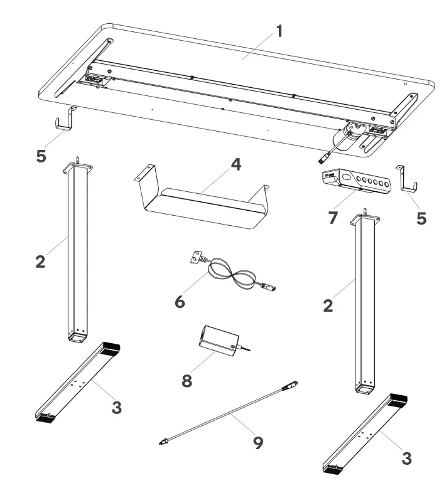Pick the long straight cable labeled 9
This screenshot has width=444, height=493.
tap(226, 415)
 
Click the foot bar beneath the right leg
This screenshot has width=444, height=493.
tap(367, 433)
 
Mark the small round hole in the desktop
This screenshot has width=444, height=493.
tap(406, 85)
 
